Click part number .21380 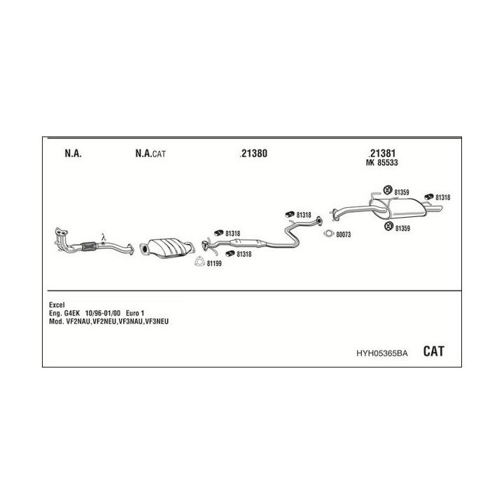(253, 153)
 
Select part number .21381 (382, 153)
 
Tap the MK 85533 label (382, 162)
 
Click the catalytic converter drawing (167, 248)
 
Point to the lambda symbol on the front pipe (103, 237)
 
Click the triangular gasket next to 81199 (199, 262)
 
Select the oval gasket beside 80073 (329, 234)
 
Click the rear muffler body (407, 208)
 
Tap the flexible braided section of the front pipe (90, 246)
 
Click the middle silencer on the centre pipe (248, 243)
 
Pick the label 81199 (214, 264)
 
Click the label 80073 (343, 234)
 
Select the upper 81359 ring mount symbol (388, 190)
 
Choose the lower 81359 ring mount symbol (389, 226)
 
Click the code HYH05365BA (382, 353)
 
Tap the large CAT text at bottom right (433, 351)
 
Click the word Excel (57, 304)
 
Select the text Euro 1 (135, 313)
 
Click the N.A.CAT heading (150, 153)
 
